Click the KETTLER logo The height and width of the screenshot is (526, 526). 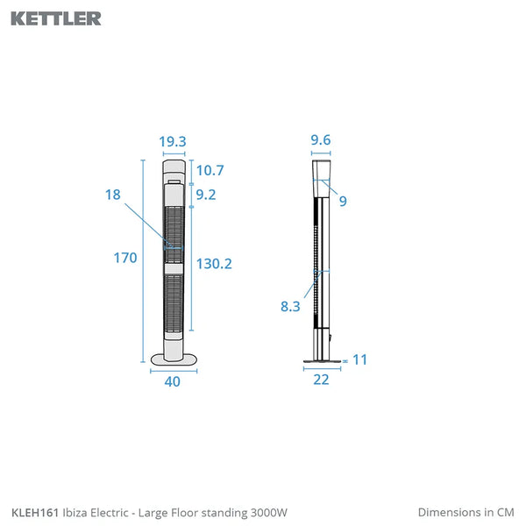point(56,18)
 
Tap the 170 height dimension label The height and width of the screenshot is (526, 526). point(125,258)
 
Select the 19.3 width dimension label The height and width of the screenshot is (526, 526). point(173,141)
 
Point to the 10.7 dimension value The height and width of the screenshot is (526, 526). point(210,170)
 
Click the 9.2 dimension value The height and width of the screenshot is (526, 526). point(206,195)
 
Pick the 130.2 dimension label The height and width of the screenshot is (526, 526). point(214,264)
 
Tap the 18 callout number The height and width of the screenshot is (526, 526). point(113,195)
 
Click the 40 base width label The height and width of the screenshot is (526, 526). point(173,381)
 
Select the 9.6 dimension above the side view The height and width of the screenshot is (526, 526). point(321,140)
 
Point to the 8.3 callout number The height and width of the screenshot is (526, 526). point(290,306)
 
